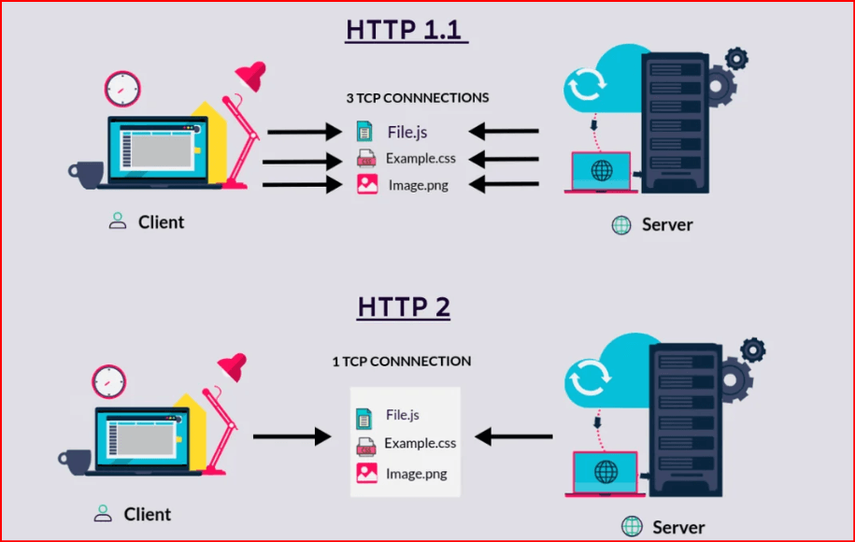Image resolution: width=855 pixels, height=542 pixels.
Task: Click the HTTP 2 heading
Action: (404, 307)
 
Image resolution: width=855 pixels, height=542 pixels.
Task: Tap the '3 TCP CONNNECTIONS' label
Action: (418, 98)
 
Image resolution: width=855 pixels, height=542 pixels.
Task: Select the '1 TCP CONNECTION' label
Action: (402, 361)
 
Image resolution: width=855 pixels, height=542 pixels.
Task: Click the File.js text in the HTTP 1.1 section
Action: (407, 132)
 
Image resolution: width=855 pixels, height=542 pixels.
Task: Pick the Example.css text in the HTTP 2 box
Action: (420, 443)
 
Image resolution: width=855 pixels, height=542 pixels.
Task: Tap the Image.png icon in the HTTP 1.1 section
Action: (367, 184)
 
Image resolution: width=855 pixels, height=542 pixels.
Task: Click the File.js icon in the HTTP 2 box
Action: (363, 419)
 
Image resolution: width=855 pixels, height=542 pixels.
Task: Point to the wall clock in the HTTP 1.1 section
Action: (122, 89)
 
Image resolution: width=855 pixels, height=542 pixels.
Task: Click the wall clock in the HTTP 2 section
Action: (109, 381)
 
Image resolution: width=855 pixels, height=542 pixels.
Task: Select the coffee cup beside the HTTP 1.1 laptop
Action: (86, 175)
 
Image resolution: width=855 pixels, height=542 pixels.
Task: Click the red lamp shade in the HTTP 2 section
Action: (234, 366)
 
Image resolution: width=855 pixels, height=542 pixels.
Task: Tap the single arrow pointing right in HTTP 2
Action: (292, 436)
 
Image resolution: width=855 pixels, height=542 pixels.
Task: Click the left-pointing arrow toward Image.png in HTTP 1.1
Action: (504, 184)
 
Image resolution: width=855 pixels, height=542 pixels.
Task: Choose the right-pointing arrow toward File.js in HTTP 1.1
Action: (305, 132)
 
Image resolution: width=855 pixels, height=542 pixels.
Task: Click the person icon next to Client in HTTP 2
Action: (103, 513)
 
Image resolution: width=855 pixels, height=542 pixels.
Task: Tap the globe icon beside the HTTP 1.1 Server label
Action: (621, 224)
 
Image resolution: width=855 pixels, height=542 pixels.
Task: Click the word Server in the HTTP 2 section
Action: (678, 527)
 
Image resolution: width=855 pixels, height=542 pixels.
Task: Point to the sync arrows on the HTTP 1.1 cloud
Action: (587, 84)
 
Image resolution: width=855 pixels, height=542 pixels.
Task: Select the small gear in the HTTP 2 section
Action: (753, 350)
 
